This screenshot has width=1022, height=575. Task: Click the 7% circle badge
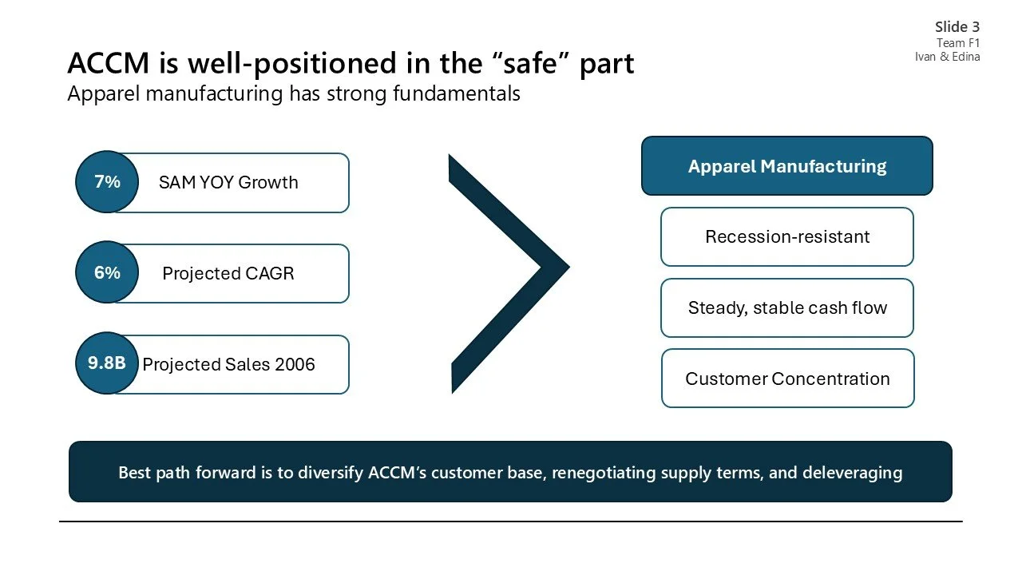107,182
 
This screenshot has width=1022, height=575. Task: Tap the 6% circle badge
107,273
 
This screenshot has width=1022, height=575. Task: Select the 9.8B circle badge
107,363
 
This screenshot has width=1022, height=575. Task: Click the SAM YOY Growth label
228,182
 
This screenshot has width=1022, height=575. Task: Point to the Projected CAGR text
228,273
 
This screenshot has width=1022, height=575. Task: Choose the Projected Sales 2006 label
228,364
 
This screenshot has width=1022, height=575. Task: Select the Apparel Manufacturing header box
786,166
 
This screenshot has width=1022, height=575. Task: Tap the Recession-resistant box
786,236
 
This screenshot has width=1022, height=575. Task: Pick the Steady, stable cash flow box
786,307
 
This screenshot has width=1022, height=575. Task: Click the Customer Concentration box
786,379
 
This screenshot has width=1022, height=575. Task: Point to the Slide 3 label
957,27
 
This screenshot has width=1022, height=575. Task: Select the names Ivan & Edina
948,57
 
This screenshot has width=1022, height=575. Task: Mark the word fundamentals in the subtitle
457,93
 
